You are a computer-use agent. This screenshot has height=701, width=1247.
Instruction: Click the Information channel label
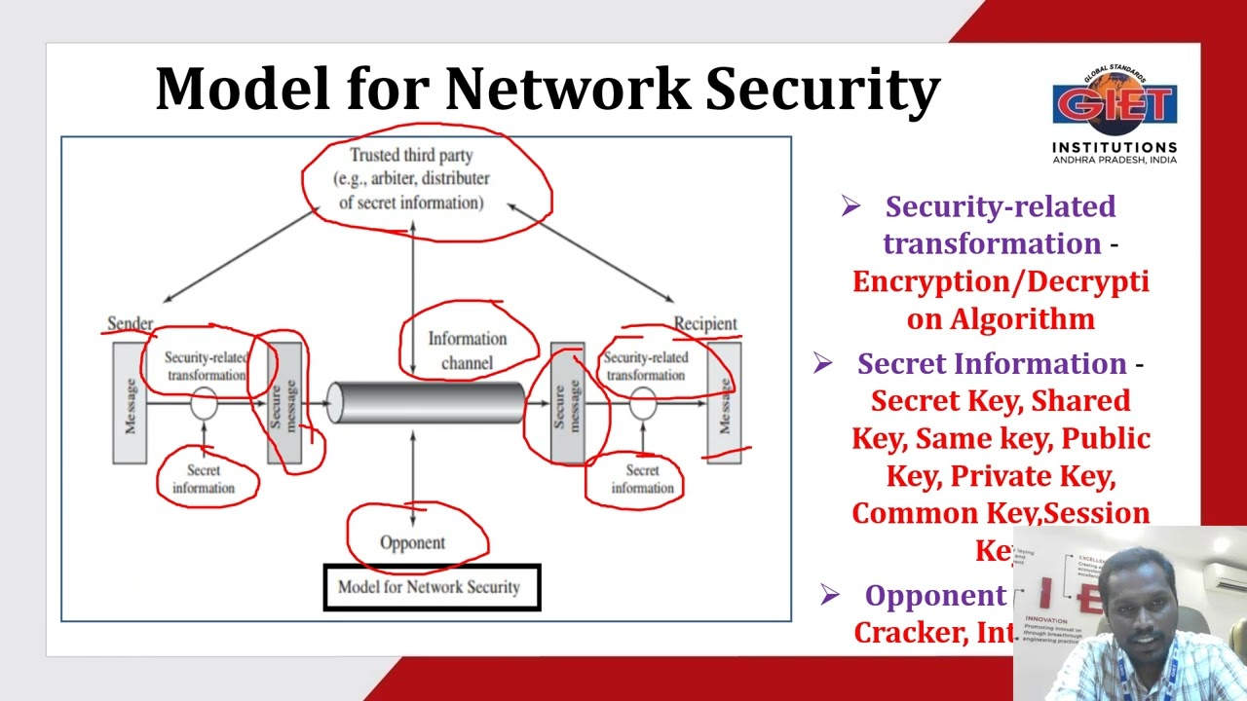(468, 350)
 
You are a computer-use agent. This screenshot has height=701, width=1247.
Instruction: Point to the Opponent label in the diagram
(412, 542)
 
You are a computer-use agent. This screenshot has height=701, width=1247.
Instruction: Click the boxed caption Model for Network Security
(430, 587)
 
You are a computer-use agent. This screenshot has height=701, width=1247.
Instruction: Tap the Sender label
(130, 323)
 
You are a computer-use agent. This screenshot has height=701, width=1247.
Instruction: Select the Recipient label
(705, 323)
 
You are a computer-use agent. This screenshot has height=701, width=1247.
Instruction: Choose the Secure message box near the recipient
(568, 403)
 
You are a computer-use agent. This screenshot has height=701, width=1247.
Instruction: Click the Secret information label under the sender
(204, 479)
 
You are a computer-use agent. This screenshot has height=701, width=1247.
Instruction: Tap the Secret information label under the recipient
(642, 479)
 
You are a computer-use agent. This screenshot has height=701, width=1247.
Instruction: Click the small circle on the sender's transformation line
(204, 402)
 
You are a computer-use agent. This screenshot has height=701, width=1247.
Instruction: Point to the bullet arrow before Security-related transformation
(850, 206)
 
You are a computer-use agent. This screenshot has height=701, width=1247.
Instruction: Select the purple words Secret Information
(992, 364)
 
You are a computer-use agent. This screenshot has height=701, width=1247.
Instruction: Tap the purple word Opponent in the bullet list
(934, 596)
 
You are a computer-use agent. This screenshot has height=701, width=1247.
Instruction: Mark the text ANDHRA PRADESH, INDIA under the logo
(1114, 160)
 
